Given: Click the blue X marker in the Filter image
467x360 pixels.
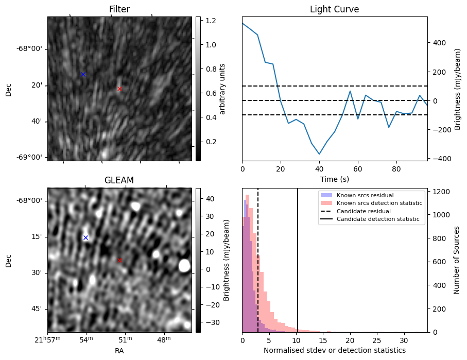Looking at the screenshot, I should coord(83,74).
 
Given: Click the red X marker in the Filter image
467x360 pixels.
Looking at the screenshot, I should coord(119,89).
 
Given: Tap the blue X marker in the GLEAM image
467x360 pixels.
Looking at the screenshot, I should coord(85,237).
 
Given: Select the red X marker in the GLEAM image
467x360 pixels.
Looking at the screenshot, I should coord(119,260).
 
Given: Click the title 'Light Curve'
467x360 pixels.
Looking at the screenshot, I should coord(334,9).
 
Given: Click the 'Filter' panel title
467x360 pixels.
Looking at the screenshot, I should coord(119,9).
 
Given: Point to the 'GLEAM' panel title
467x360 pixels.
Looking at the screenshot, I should coord(119,180).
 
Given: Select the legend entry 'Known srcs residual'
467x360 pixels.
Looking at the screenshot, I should coord(365,195).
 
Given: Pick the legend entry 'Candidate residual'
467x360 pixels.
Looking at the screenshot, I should coord(364,211).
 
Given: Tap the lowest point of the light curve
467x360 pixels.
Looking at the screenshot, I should coord(319,154).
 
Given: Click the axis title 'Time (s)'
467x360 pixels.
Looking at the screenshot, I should coord(334,179).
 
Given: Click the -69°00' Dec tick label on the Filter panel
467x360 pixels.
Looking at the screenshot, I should coord(29,157).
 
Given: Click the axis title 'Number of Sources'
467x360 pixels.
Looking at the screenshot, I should coord(457,260).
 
